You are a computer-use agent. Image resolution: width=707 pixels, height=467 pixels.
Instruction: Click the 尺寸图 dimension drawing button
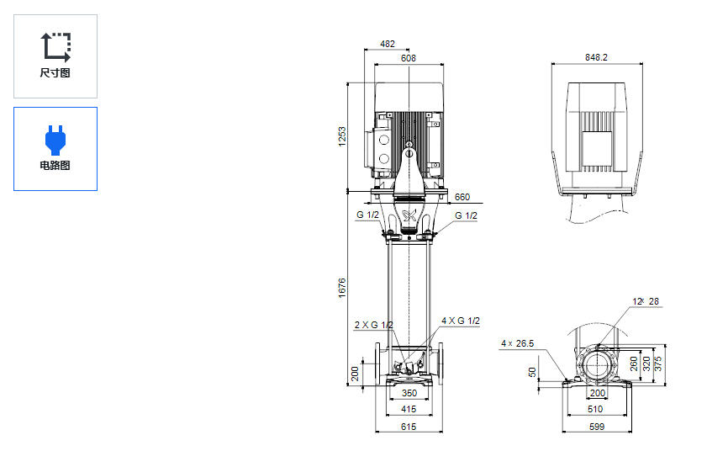[x=55, y=56]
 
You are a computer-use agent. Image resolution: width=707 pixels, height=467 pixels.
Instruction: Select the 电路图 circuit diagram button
[x=55, y=149]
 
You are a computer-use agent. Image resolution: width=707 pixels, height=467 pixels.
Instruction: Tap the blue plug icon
[x=55, y=138]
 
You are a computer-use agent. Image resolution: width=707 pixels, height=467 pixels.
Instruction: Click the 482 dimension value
[x=387, y=44]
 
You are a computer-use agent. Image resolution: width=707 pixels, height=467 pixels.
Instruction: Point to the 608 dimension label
[x=409, y=58]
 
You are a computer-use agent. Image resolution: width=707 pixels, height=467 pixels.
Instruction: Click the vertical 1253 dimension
[x=342, y=136]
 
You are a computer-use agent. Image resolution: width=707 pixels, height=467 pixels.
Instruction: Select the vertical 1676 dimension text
[x=342, y=287]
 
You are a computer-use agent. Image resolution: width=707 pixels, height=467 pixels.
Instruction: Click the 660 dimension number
[x=462, y=198]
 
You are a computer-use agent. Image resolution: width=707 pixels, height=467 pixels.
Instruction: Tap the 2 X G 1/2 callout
[x=373, y=325]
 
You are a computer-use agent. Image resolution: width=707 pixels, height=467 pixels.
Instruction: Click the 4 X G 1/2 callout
[x=461, y=321]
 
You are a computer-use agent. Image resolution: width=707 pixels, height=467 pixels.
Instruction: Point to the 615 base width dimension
[x=409, y=427]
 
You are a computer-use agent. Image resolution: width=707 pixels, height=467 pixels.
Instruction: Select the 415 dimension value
[x=409, y=410]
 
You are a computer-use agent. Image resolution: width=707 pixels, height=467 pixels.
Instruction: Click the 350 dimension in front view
[x=409, y=393]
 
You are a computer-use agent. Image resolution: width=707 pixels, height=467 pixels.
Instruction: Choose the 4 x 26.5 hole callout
[x=518, y=342]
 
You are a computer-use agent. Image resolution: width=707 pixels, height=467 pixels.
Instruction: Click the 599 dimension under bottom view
[x=598, y=427]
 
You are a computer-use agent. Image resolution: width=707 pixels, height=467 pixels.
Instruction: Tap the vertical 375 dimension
[x=658, y=364]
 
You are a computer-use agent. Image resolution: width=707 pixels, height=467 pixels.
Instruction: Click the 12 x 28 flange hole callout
[x=646, y=301]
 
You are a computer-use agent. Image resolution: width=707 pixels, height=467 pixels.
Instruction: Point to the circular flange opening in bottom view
[x=598, y=367]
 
